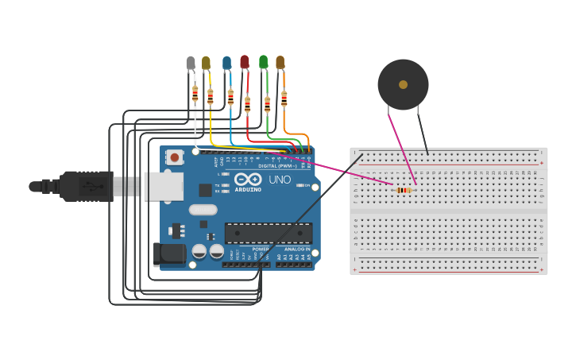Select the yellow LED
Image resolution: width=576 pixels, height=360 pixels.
pyautogui.click(x=207, y=62)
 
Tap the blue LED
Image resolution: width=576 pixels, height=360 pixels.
pyautogui.click(x=227, y=62)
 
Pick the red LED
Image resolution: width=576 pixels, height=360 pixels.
pyautogui.click(x=245, y=61)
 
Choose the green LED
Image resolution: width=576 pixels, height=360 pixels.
pyautogui.click(x=264, y=61)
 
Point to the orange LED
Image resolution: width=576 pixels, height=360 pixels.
pyautogui.click(x=280, y=61)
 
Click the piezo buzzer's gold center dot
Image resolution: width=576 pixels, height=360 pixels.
pyautogui.click(x=403, y=84)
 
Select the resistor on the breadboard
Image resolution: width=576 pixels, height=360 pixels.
pyautogui.click(x=404, y=190)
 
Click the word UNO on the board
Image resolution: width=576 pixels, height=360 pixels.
pyautogui.click(x=280, y=180)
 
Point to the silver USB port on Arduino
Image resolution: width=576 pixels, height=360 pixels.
pyautogui.click(x=163, y=187)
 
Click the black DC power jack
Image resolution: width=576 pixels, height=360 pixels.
pyautogui.click(x=169, y=254)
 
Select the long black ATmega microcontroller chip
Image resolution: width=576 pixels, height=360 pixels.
pyautogui.click(x=268, y=233)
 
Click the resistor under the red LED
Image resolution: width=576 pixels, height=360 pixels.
pyautogui.click(x=247, y=104)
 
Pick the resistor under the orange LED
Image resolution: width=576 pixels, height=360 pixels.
pyautogui.click(x=284, y=99)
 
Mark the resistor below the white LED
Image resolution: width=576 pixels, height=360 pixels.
pyautogui.click(x=195, y=94)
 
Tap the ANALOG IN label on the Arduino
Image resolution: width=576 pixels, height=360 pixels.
pyautogui.click(x=297, y=249)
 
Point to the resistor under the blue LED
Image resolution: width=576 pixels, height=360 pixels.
pyautogui.click(x=230, y=97)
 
